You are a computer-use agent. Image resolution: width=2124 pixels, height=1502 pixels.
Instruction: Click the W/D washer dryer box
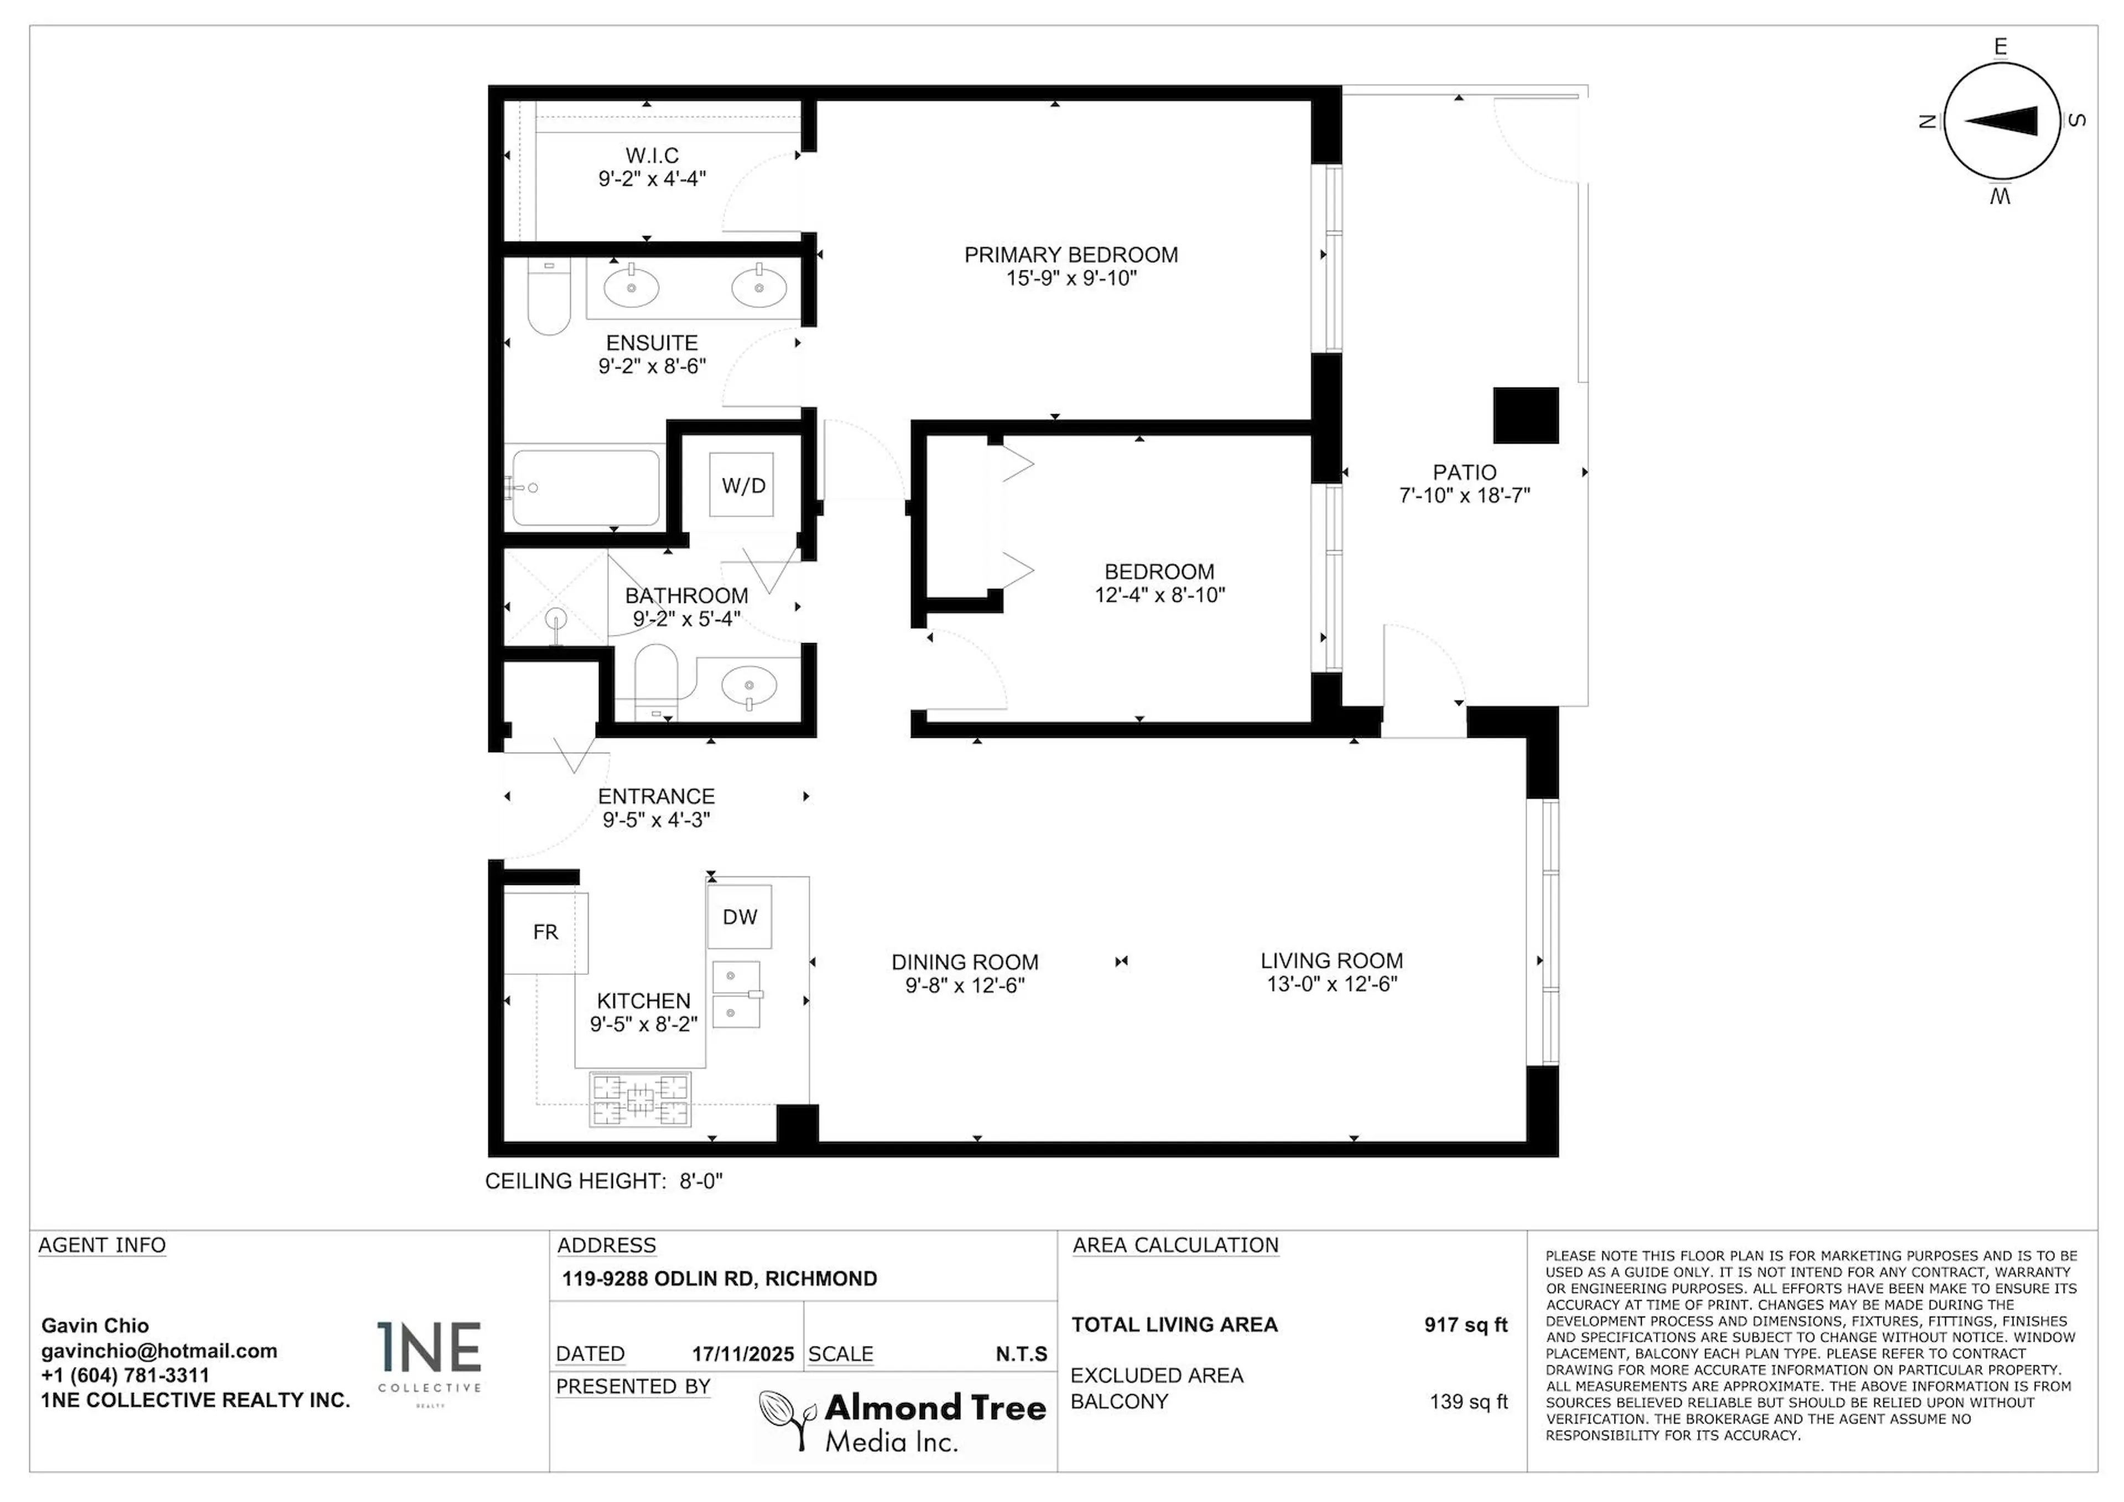pos(742,484)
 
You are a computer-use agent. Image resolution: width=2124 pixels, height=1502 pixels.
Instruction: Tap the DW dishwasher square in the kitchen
pos(739,916)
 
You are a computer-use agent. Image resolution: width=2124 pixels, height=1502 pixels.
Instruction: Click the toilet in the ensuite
pos(549,298)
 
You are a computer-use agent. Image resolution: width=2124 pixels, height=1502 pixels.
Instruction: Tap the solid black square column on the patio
pos(1526,415)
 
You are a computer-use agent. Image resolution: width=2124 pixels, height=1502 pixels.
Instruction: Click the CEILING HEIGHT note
pos(603,1181)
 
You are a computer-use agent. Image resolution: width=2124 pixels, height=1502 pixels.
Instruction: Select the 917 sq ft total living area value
pos(1465,1324)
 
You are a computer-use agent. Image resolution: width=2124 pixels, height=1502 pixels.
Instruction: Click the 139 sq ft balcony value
pos(1468,1401)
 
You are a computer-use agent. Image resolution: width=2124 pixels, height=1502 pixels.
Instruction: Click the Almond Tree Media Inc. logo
pos(903,1421)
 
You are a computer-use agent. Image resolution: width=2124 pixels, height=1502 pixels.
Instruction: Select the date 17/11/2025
pos(743,1354)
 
